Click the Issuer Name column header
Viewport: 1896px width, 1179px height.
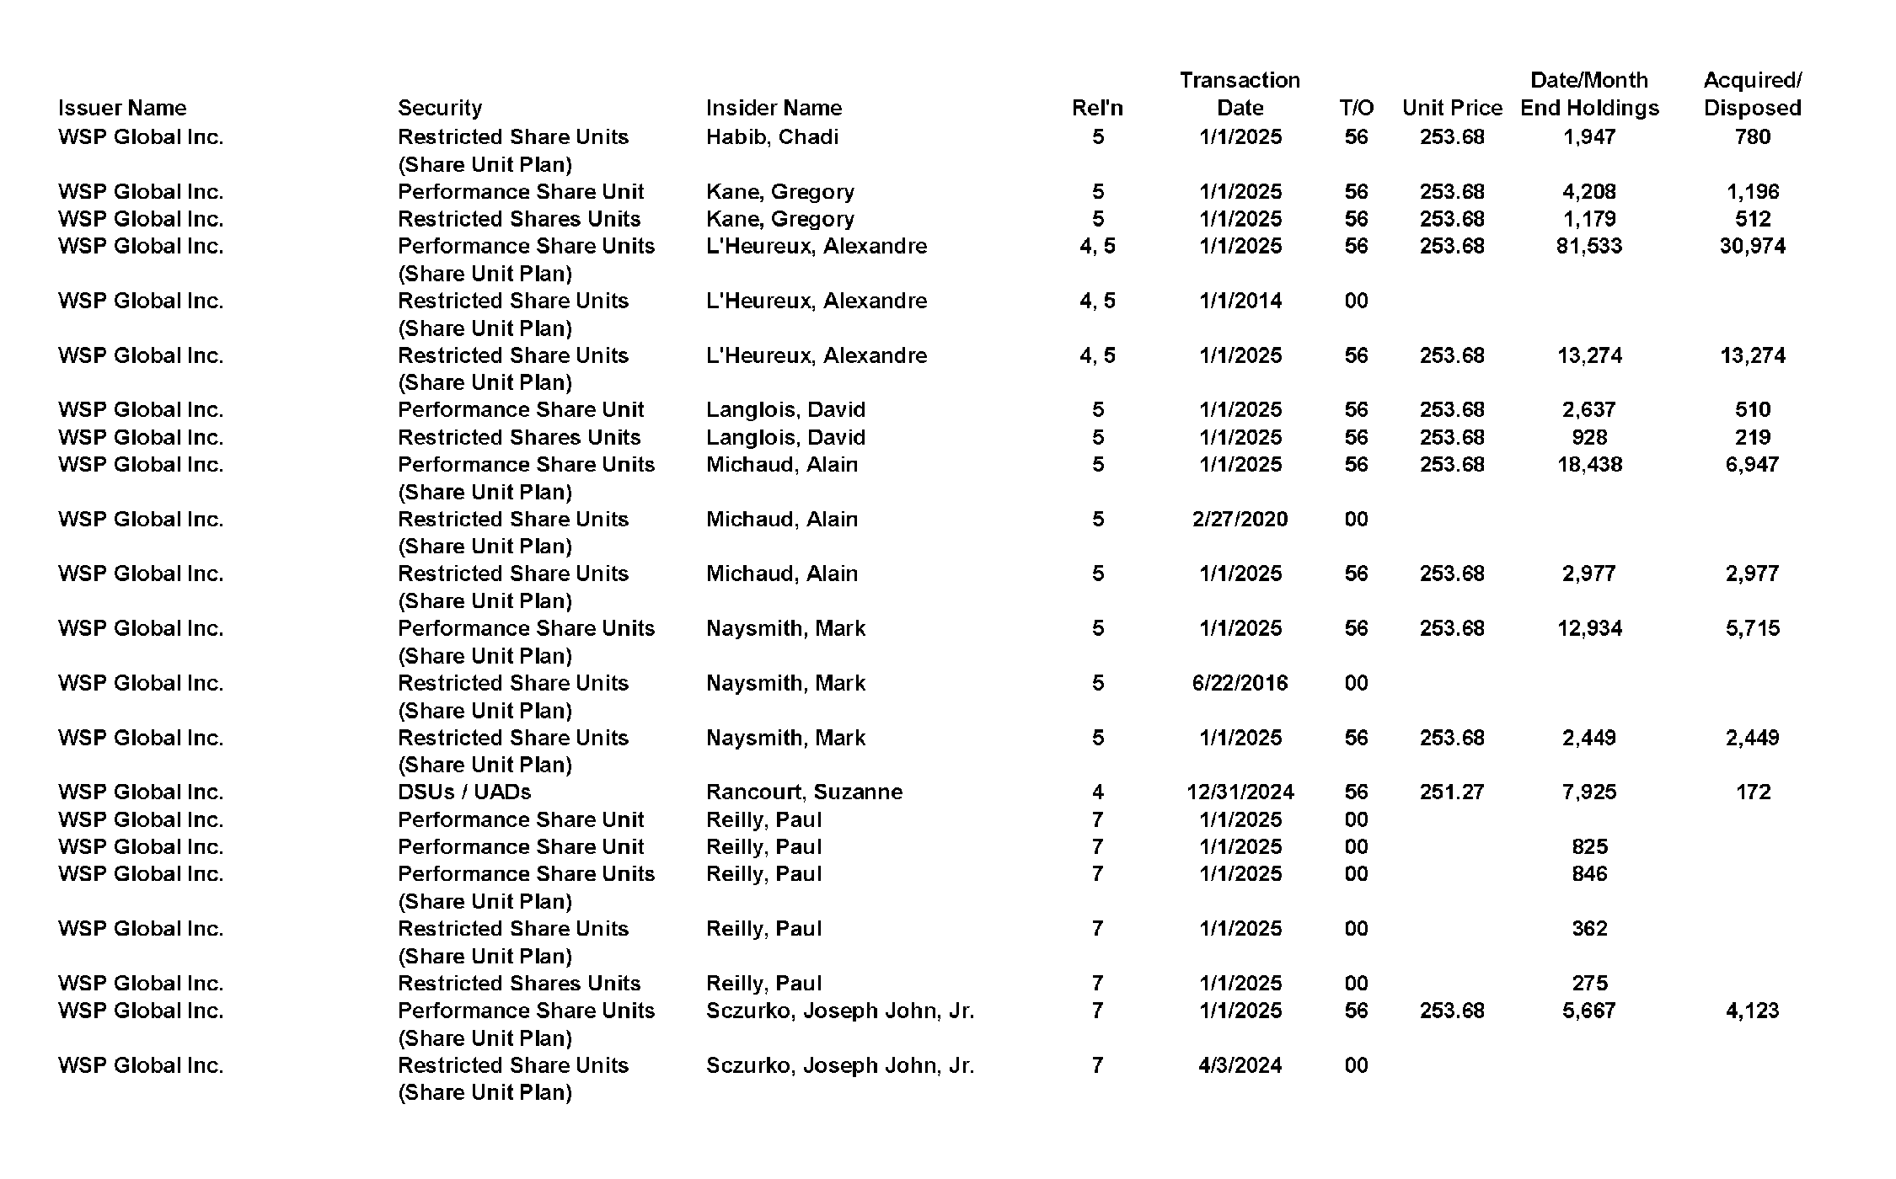[122, 108]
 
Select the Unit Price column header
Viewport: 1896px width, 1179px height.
[1452, 108]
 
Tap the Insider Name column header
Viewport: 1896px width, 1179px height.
[774, 108]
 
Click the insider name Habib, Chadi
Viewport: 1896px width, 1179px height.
[772, 136]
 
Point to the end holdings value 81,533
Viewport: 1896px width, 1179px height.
[1588, 246]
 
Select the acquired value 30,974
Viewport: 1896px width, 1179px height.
[1752, 246]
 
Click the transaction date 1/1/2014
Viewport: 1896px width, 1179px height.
[1240, 301]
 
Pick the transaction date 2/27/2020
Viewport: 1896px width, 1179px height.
[1240, 519]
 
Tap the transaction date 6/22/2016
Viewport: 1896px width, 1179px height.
[1240, 683]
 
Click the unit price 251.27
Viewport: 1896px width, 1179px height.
[1452, 792]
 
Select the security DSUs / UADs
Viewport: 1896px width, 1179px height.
[464, 792]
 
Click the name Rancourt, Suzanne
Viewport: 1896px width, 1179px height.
[804, 792]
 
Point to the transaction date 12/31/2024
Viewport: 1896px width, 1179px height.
[1240, 792]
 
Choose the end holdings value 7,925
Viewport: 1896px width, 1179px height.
[1588, 792]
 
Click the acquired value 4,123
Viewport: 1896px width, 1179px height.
[1752, 1011]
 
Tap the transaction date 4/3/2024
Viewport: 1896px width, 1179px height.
[1240, 1065]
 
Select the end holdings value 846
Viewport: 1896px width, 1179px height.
[1588, 873]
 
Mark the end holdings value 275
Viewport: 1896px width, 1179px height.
[1588, 983]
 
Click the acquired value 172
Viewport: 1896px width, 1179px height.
[1753, 792]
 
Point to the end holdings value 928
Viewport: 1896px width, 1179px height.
[1588, 437]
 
